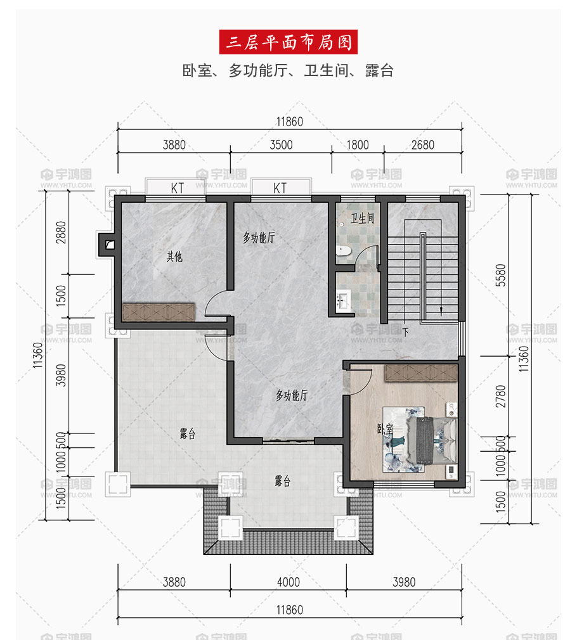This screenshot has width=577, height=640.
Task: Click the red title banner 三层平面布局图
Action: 288,42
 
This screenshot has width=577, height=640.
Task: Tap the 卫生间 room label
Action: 362,219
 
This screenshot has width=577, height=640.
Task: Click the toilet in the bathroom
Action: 344,250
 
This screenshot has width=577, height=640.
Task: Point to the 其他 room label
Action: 174,257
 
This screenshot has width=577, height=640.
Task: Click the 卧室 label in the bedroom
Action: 385,428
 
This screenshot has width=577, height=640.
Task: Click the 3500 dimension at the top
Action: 281,145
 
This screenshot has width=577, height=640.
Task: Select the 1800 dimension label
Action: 358,145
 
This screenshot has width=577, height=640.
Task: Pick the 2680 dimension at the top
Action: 423,145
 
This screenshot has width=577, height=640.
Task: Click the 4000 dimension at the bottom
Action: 288,582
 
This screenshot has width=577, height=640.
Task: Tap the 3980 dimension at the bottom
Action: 404,582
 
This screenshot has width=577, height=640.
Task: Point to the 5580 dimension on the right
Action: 500,275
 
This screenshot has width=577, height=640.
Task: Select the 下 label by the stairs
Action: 406,332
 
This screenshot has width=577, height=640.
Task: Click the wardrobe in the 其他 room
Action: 159,312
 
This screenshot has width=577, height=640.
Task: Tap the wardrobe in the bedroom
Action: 421,373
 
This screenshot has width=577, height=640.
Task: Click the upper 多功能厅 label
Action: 259,238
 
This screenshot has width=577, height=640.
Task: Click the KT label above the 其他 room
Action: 178,188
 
